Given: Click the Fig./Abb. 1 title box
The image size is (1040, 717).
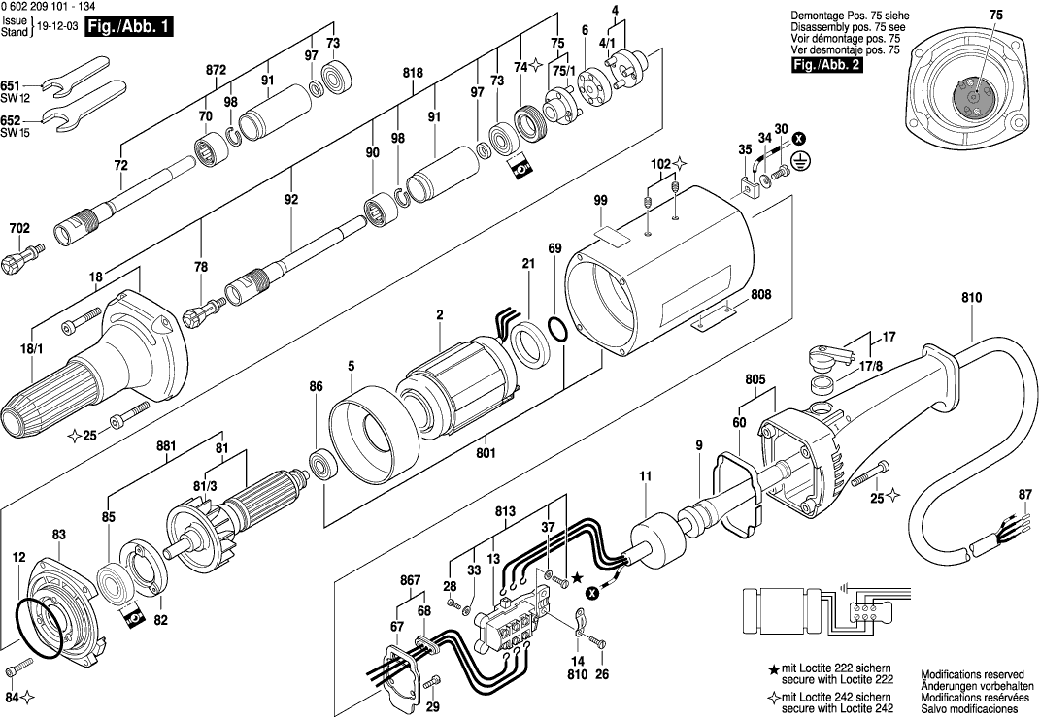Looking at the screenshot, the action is [130, 28].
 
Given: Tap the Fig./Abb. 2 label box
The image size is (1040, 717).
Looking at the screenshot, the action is [827, 65].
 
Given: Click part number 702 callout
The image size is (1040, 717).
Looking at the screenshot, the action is [19, 229].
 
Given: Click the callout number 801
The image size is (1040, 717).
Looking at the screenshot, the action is [486, 454].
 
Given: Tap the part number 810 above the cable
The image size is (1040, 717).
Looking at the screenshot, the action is [972, 298].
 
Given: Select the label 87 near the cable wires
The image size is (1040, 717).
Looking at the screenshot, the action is [1025, 495].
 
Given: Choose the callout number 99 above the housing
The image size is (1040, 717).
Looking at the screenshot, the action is [601, 200].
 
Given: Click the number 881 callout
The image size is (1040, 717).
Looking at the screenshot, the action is [166, 446].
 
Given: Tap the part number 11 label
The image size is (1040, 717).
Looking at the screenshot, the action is [646, 475].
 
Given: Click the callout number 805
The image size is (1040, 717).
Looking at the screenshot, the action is [755, 379].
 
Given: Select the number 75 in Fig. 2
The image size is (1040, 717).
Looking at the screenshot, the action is [996, 15].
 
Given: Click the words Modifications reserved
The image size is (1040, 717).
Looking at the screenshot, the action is [972, 674].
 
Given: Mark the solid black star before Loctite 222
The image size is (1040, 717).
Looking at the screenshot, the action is [773, 670].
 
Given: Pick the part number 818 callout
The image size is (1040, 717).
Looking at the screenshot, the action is [413, 72].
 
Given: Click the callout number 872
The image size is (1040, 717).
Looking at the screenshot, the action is [217, 70].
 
